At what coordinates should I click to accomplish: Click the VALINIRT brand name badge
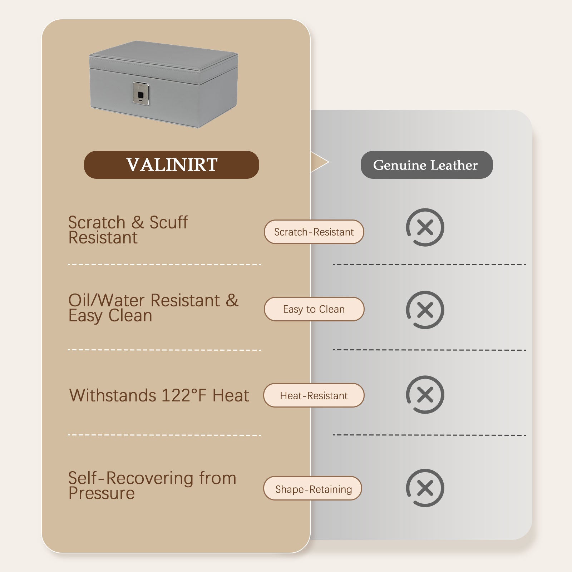pyautogui.click(x=171, y=165)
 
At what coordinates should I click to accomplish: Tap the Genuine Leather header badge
pyautogui.click(x=426, y=165)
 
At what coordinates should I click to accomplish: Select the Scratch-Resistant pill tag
pyautogui.click(x=314, y=232)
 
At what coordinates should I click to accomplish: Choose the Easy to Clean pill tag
pyautogui.click(x=314, y=309)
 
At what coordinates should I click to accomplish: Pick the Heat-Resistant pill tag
pyautogui.click(x=314, y=395)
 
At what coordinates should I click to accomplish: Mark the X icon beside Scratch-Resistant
pyautogui.click(x=425, y=227)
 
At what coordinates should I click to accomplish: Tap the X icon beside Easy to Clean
pyautogui.click(x=425, y=310)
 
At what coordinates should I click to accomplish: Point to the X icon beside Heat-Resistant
pyautogui.click(x=425, y=395)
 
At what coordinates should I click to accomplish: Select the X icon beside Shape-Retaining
pyautogui.click(x=425, y=488)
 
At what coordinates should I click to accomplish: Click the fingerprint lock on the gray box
pyautogui.click(x=141, y=94)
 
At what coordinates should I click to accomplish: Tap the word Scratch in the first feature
pyautogui.click(x=97, y=222)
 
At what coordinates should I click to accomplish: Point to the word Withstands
pyautogui.click(x=113, y=395)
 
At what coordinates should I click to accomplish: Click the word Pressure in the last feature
pyautogui.click(x=102, y=493)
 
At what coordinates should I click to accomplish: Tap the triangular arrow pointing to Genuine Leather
pyautogui.click(x=319, y=162)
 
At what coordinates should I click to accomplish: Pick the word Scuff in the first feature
pyautogui.click(x=168, y=222)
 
